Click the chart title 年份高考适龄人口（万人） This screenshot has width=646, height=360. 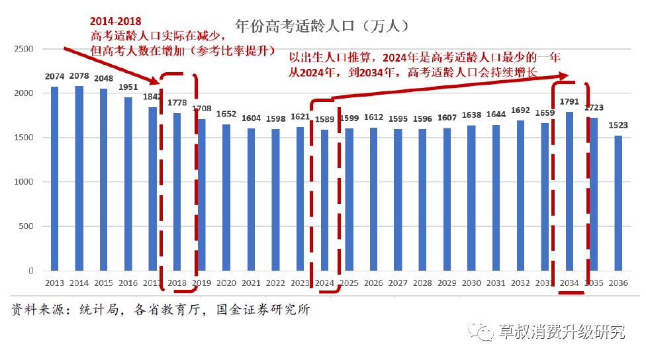(x=320, y=27)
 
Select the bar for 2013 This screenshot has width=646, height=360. (x=54, y=179)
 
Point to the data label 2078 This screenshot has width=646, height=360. (x=79, y=77)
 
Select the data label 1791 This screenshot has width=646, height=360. (x=569, y=102)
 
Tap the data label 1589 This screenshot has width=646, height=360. (x=324, y=120)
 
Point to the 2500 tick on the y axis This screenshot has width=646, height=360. (x=24, y=49)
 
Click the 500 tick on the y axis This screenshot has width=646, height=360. (x=26, y=226)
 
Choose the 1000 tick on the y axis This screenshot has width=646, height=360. (x=24, y=182)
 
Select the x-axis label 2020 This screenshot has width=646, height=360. (x=226, y=283)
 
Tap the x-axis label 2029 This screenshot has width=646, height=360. (x=447, y=283)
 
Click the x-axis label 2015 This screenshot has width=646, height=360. (x=103, y=283)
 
